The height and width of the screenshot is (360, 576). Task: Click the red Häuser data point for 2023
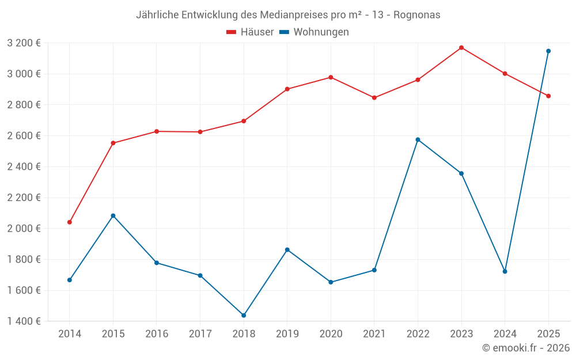(x=461, y=47)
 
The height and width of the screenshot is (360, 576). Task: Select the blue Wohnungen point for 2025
(x=548, y=51)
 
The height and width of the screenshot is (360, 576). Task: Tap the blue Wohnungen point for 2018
(x=244, y=315)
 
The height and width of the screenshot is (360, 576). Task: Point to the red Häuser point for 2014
(x=70, y=222)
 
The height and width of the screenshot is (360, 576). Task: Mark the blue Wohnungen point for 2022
(x=418, y=139)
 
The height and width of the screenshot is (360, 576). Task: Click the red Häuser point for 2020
(x=331, y=77)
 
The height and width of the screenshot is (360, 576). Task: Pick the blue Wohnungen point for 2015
(x=113, y=215)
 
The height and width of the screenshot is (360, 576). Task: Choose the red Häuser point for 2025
(x=548, y=96)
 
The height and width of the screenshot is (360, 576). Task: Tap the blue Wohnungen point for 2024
(x=505, y=271)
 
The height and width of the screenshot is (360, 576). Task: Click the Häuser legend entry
(x=250, y=32)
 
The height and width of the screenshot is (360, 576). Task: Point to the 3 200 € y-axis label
(x=24, y=43)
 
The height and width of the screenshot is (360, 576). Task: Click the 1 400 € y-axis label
(x=24, y=321)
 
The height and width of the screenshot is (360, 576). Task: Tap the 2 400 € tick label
(x=24, y=166)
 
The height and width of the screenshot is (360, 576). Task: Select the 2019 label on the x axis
(x=287, y=334)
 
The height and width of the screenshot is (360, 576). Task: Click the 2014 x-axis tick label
(x=70, y=334)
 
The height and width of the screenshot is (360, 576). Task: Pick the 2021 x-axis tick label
(x=374, y=334)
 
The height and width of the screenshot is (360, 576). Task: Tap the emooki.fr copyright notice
(x=525, y=348)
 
